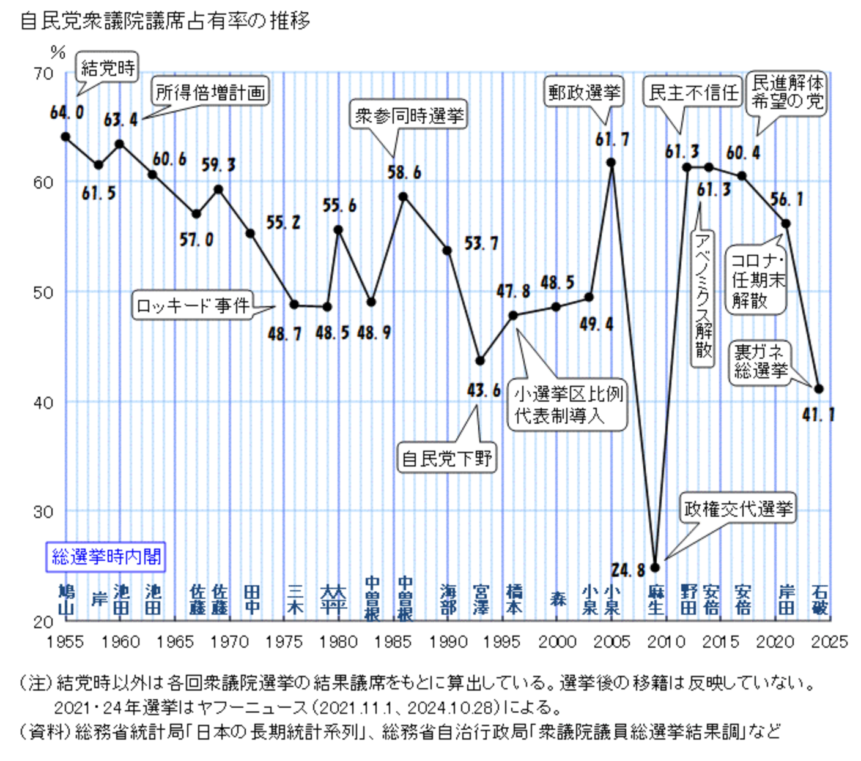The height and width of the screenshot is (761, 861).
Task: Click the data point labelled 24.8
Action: pos(655,568)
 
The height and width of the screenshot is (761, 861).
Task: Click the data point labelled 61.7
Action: pos(611,163)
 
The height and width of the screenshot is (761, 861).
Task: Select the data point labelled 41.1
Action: pos(819,389)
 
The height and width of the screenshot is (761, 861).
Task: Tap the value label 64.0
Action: pos(67,113)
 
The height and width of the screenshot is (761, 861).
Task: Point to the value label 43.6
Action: pos(484,390)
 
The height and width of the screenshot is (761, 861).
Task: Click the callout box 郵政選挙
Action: pos(584,93)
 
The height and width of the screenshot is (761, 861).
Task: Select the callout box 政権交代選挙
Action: pos(738,509)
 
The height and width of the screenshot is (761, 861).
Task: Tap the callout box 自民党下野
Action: pos(447,458)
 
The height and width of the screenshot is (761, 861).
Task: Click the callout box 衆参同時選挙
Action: pos(409,115)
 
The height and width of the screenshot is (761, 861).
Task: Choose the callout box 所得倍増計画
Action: pos(210,92)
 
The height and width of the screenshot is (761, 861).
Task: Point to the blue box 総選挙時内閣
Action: pos(106,557)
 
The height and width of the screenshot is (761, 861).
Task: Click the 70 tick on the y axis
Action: pos(43,74)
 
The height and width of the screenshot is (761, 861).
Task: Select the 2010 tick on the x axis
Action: pos(666,642)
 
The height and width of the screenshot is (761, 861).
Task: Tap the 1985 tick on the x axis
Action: pos(393,642)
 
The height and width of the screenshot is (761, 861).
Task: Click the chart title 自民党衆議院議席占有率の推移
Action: pos(165,21)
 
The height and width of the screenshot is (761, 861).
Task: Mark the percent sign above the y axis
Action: pos(58,53)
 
